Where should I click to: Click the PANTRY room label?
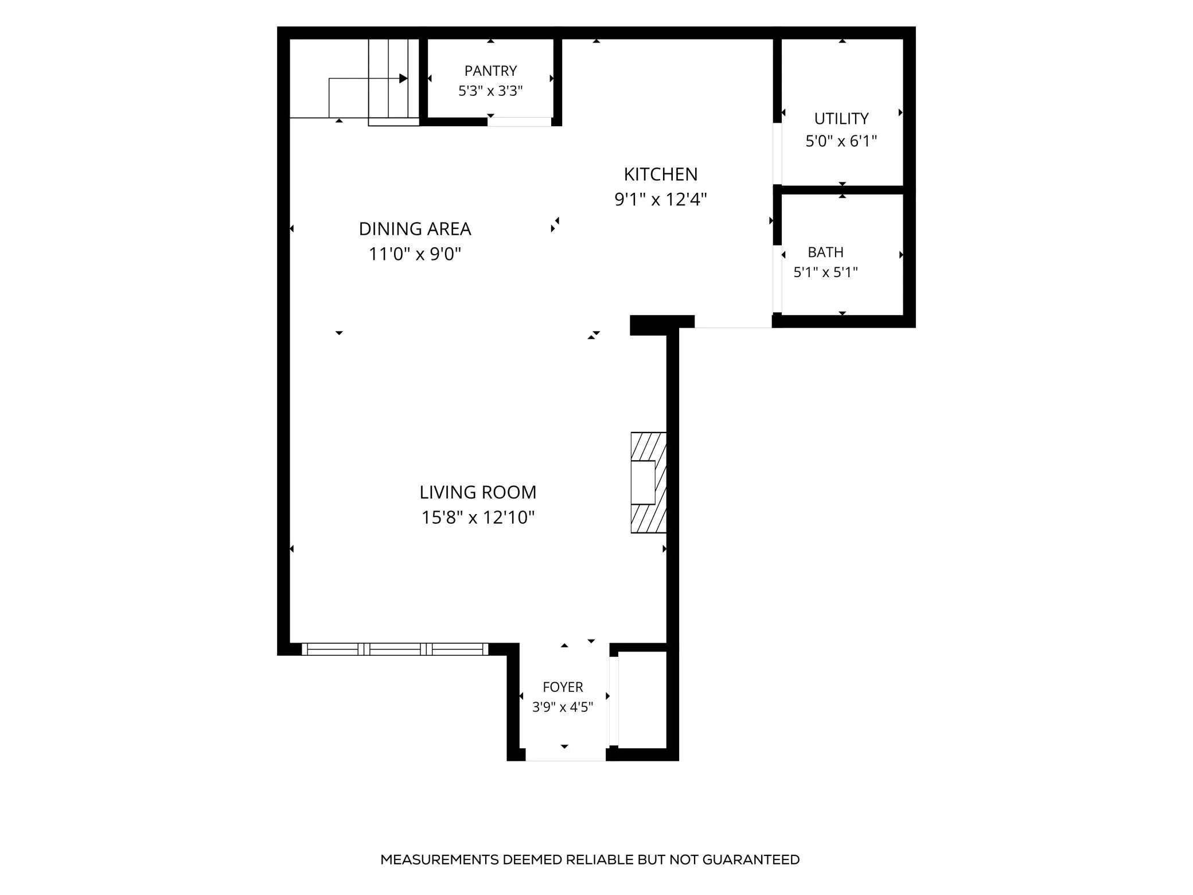tap(490, 71)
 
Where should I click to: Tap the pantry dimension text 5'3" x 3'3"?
tap(490, 91)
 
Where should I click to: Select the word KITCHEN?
tap(661, 174)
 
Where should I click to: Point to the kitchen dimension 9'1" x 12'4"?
tap(661, 199)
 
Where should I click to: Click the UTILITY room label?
tap(841, 119)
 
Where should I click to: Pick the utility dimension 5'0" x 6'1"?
tap(841, 141)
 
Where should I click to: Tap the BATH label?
tap(825, 252)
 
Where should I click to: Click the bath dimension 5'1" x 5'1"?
tap(825, 272)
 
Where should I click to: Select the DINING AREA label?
tap(415, 229)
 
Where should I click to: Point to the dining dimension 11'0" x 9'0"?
tap(415, 254)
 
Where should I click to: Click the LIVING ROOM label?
tap(478, 492)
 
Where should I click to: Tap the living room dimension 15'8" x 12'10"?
tap(478, 517)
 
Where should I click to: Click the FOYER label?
tap(563, 687)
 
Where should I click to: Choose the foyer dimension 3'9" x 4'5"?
tap(563, 707)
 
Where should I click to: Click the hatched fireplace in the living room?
tap(649, 482)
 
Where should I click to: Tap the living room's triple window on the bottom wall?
tap(395, 649)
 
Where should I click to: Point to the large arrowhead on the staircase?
tap(403, 79)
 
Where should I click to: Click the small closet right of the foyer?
tap(642, 699)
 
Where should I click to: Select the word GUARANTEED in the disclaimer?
tap(751, 859)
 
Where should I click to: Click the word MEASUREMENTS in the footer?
tap(439, 859)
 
